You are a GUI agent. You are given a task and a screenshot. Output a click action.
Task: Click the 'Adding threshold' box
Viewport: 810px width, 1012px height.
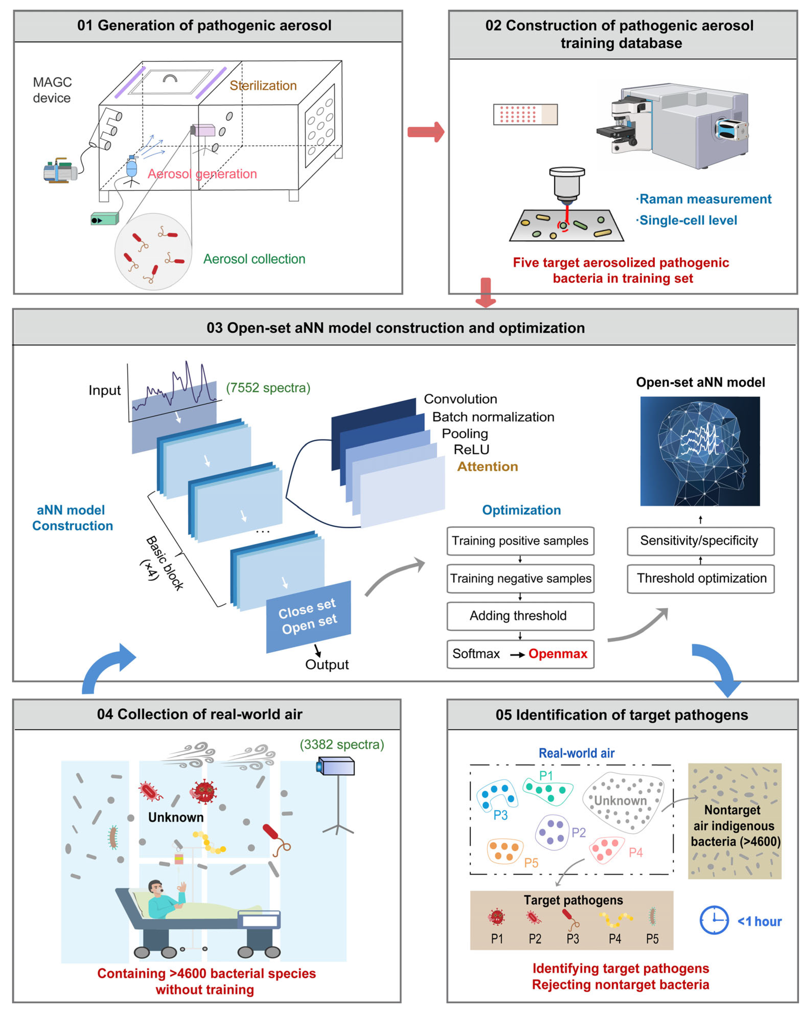click(520, 616)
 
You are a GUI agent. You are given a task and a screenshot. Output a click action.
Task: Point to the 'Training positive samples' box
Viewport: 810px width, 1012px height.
click(520, 541)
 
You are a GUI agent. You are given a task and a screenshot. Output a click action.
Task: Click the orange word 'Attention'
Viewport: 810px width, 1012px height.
click(487, 467)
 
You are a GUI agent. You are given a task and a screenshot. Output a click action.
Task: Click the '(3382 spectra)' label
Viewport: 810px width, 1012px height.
click(342, 744)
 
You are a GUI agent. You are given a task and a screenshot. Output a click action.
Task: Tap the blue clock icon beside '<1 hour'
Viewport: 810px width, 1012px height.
click(714, 921)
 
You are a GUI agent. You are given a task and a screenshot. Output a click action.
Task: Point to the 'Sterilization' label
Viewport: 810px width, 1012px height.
click(263, 85)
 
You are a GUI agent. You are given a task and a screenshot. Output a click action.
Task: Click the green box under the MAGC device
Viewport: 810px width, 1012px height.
click(104, 219)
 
